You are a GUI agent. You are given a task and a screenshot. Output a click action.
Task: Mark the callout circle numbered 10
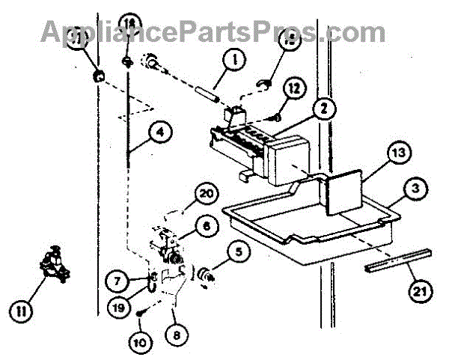pos(141,344)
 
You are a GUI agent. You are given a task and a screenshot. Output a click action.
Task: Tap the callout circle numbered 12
pos(294,88)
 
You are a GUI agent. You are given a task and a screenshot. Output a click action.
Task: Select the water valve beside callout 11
pos(51,267)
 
